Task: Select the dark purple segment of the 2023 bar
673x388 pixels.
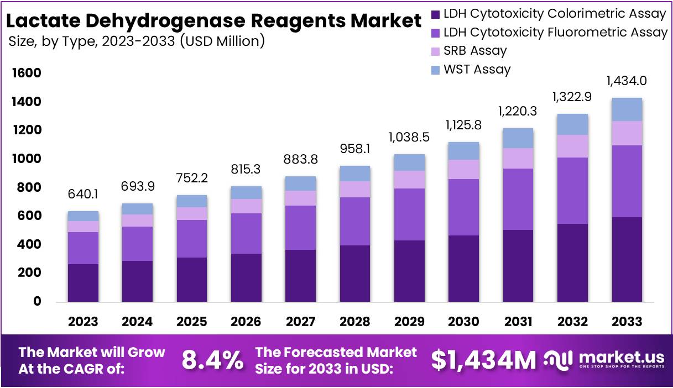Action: (83, 282)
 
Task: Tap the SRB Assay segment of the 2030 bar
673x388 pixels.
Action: (463, 169)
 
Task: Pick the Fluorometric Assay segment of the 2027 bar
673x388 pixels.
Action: (301, 227)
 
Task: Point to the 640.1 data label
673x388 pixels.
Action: (83, 195)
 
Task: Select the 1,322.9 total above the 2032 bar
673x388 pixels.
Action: (572, 97)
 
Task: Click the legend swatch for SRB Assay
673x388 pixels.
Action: (435, 51)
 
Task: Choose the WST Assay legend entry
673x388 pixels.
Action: (477, 70)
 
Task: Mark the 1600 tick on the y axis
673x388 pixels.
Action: (27, 74)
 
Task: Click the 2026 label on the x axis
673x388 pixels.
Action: (246, 322)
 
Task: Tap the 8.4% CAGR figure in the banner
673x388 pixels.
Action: (212, 361)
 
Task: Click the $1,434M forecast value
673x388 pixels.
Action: (483, 360)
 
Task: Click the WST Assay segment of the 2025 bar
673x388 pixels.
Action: (192, 201)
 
